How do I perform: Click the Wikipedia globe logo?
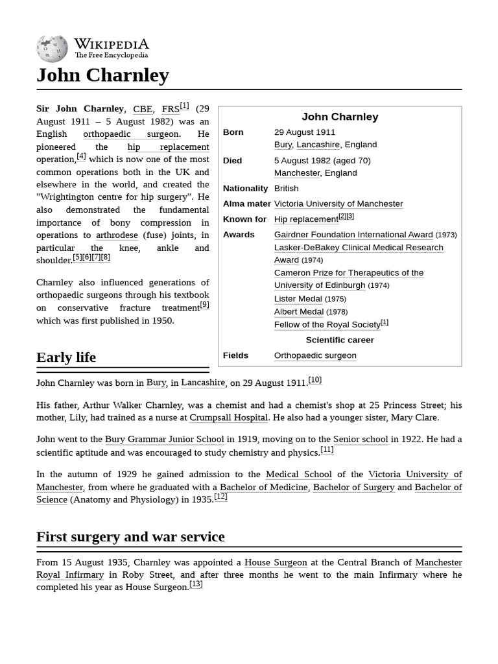52,49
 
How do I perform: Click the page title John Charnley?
102,75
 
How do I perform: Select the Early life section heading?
66,357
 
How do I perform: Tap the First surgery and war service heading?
130,537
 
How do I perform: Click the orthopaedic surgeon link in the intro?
131,134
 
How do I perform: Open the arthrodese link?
117,235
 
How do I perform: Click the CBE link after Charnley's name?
143,109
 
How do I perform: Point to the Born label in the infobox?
233,132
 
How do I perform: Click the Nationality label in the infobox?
245,188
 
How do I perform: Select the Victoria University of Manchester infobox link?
338,204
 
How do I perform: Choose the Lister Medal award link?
298,299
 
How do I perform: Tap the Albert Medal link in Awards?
298,312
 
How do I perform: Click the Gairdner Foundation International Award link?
353,235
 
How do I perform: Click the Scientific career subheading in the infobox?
340,340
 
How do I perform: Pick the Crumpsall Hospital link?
228,418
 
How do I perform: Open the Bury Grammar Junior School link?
164,440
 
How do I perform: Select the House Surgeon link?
275,563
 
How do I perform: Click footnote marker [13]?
196,584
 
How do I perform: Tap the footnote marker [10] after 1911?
314,380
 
